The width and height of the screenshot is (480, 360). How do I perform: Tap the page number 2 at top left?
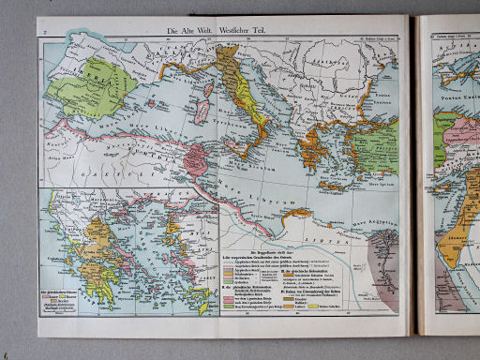[x=44, y=30]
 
